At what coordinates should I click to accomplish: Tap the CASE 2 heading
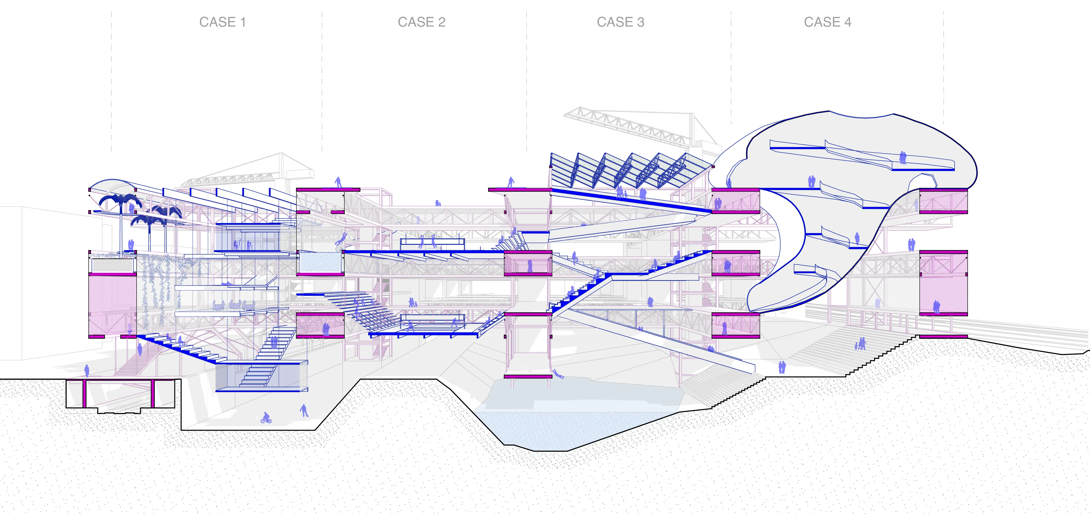point(421,22)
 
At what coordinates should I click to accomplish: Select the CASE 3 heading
point(620,22)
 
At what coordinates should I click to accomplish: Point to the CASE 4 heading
point(827,22)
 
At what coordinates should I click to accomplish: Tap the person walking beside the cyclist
point(303,410)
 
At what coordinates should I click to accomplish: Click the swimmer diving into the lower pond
point(558,374)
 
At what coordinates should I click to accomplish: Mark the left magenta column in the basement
point(84,393)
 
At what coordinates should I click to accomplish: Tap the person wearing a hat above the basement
point(87,371)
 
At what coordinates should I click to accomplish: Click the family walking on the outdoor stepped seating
point(860,344)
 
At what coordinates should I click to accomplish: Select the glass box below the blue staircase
point(261,377)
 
